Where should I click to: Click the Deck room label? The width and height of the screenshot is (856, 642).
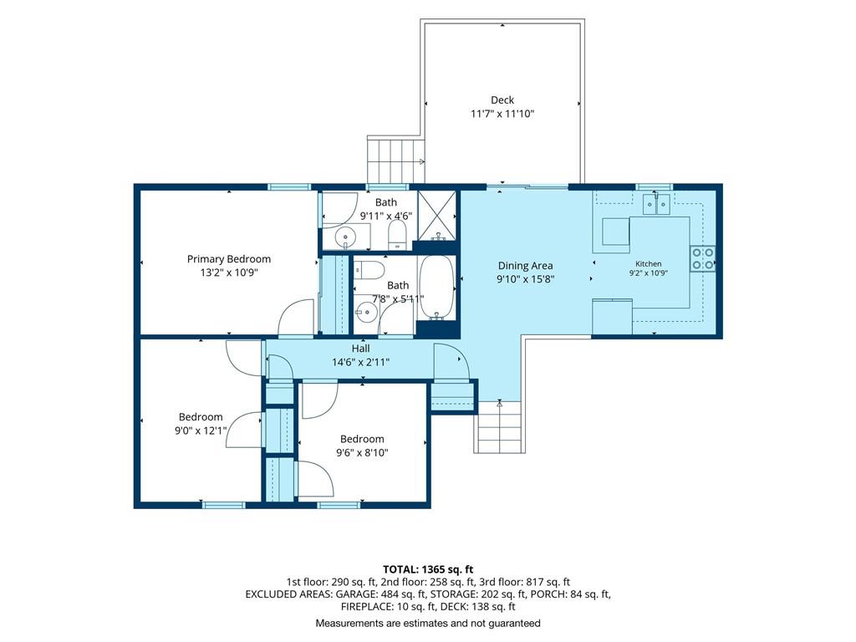[502, 100]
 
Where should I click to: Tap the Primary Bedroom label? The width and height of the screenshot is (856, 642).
[229, 259]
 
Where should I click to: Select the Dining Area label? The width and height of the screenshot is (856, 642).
[525, 266]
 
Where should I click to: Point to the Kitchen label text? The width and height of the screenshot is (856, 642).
[649, 263]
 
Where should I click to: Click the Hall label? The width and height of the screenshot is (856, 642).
[360, 349]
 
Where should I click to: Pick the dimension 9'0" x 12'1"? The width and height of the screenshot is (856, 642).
[201, 431]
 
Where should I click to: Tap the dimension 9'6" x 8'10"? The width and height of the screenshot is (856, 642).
[362, 452]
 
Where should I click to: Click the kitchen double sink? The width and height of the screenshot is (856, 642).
[656, 204]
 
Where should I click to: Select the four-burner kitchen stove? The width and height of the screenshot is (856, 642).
[702, 259]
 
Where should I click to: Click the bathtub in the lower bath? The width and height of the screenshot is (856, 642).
[436, 288]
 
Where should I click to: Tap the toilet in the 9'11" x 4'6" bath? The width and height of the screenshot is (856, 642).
[397, 235]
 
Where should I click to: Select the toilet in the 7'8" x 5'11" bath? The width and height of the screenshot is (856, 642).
[369, 270]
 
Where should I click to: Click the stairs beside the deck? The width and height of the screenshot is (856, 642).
[395, 160]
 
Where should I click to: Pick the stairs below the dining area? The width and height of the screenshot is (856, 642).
[500, 427]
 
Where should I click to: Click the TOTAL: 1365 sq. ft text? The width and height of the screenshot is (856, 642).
[428, 570]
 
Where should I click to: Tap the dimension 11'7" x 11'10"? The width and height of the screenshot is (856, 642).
[502, 114]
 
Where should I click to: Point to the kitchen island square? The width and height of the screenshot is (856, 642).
[616, 232]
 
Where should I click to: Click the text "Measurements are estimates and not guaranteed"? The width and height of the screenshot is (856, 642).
[428, 623]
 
